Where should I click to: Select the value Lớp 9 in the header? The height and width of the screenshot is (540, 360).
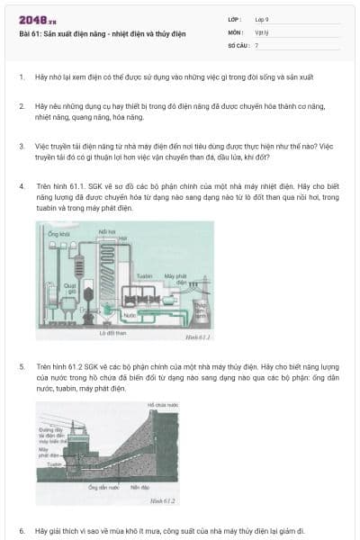pos(262,18)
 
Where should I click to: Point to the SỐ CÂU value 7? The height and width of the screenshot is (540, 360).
pos(256,44)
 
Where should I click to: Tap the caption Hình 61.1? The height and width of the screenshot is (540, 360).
pos(197,337)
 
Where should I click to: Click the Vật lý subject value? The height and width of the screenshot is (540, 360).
pos(260,31)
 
